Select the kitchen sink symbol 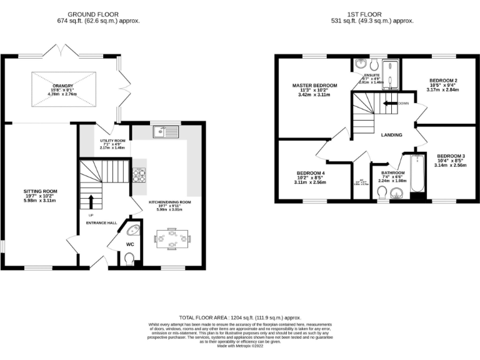pos(166,131)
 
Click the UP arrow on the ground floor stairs pos(91,201)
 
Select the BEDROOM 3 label pos(451,155)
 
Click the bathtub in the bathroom pos(416,176)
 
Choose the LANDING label pos(391,134)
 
